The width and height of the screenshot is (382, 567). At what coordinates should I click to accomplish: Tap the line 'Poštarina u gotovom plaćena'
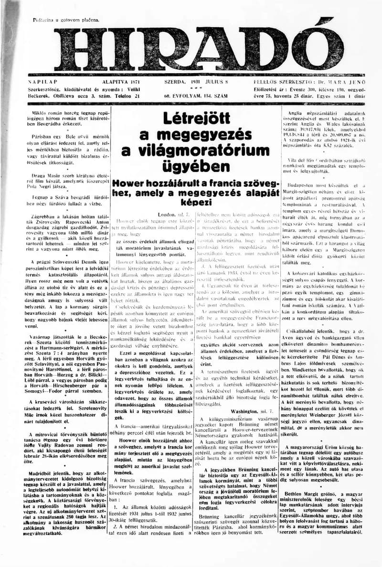point(66,20)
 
